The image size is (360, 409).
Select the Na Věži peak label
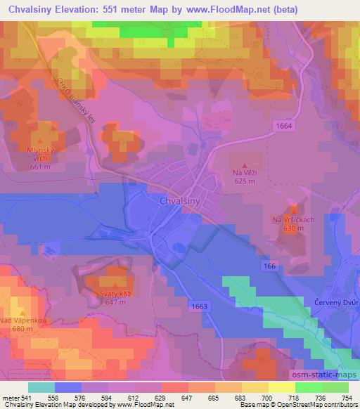click(x=244, y=172)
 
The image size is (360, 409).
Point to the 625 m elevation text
click(x=244, y=181)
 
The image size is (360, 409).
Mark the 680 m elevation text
click(x=23, y=329)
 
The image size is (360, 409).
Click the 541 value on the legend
click(x=25, y=398)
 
